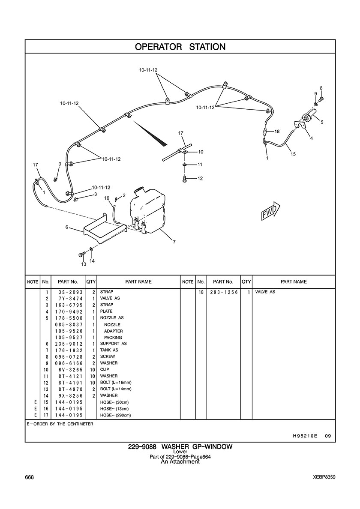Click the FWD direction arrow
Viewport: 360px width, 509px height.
pos(270,210)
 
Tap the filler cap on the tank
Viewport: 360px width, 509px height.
pos(138,190)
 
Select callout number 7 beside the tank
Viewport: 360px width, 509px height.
pos(174,242)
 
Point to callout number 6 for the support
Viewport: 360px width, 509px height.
pos(67,228)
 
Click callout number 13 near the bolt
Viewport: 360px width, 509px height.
pos(84,264)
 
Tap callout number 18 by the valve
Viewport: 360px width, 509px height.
pos(277,132)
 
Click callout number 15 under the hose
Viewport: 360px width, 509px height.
pos(293,154)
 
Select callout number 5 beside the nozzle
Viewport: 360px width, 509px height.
pos(322,122)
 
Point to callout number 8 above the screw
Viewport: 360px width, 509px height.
pos(321,88)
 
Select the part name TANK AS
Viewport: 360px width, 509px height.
pos(109,350)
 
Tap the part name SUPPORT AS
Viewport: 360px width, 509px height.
pos(113,344)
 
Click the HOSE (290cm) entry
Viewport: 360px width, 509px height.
pos(115,415)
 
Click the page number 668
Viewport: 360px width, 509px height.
pos(30,477)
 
